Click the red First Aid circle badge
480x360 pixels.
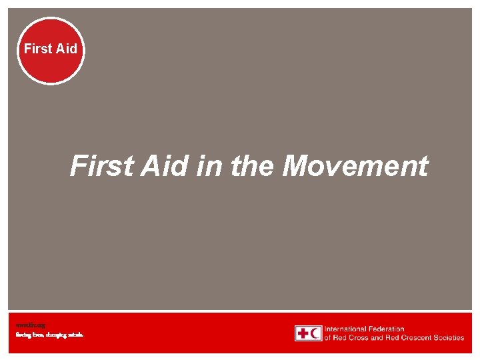51,51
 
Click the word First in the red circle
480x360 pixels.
37,49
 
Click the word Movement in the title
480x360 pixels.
355,166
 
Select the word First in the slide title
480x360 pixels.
101,166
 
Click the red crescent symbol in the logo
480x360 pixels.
315,333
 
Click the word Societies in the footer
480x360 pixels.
447,337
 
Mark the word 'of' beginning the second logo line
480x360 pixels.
327,337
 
